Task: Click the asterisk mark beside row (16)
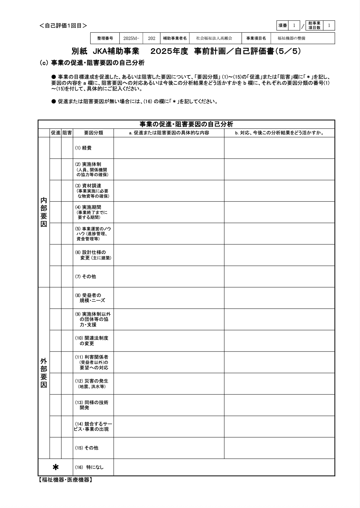[x=55, y=467]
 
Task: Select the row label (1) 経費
[x=83, y=148]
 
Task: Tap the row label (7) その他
[x=85, y=276]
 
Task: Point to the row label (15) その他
[x=87, y=448]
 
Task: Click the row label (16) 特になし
[x=89, y=467]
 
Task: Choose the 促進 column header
[x=55, y=133]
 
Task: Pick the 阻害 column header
[x=67, y=133]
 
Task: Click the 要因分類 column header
[x=93, y=133]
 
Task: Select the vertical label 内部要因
[x=44, y=212]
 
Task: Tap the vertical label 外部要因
[x=44, y=373]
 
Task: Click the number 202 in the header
[x=152, y=38]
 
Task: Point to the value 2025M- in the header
[x=131, y=38]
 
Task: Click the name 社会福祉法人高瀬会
[x=214, y=38]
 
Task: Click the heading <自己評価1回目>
[x=63, y=26]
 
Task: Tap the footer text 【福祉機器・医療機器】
[x=65, y=480]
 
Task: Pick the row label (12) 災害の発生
[x=92, y=383]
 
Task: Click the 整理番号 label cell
[x=105, y=38]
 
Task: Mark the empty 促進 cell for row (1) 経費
[x=55, y=148]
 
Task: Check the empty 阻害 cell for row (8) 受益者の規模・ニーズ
[x=67, y=298]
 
